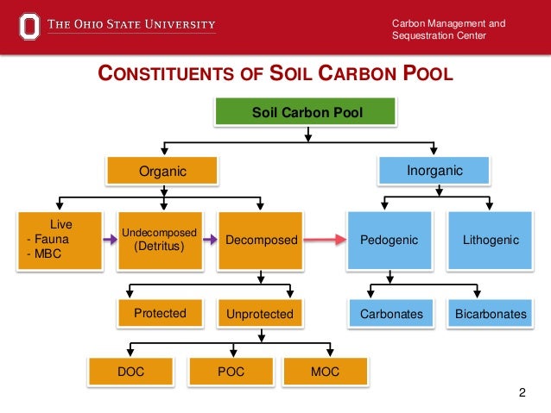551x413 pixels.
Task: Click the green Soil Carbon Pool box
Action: (307, 113)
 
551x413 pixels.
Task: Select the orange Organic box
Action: (162, 171)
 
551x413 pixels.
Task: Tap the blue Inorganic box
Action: (434, 171)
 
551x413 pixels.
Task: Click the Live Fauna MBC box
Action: (54, 239)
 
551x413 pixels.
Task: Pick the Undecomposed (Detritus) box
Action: (159, 239)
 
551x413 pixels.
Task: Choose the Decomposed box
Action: (261, 239)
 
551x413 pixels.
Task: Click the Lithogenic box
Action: (490, 239)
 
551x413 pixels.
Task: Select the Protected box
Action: (160, 314)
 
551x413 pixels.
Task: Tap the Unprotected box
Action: (260, 314)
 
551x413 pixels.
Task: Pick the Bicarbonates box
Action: (490, 314)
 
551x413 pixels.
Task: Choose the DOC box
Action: (130, 372)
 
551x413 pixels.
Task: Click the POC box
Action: (231, 372)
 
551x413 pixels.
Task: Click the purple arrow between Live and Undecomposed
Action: (108, 240)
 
